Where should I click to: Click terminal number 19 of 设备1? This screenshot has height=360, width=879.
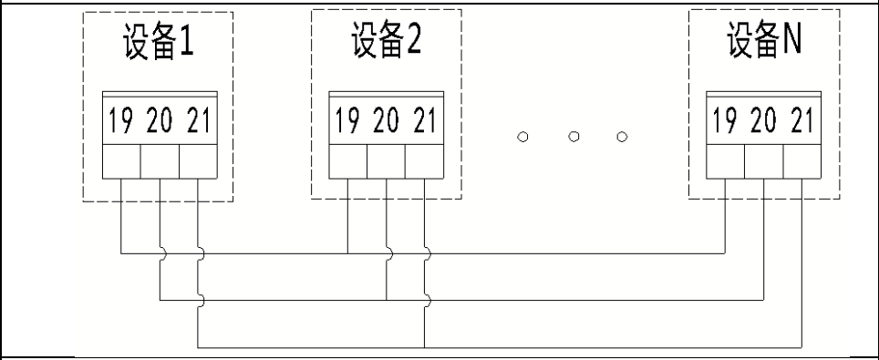[x=120, y=121]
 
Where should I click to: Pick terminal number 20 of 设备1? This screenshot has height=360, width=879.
[x=159, y=121]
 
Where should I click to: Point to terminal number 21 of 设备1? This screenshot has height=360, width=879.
[x=197, y=121]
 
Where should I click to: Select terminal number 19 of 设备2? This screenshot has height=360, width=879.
[x=347, y=121]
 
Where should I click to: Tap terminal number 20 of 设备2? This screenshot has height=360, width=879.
[x=386, y=121]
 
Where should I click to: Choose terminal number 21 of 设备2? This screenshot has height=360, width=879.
[x=424, y=121]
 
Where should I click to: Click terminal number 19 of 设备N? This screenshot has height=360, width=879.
[x=725, y=121]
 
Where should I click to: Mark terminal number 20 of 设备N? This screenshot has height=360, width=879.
[x=763, y=121]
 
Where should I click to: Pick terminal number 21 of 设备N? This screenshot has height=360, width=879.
[x=801, y=121]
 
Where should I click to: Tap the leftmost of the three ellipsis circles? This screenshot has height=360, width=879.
[x=523, y=138]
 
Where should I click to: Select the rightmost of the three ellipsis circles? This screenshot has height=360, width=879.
[x=622, y=138]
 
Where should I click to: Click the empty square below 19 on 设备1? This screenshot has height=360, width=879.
[x=121, y=162]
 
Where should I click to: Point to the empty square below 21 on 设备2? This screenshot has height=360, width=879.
[x=424, y=162]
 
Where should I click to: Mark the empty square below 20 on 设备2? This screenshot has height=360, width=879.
[x=386, y=162]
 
